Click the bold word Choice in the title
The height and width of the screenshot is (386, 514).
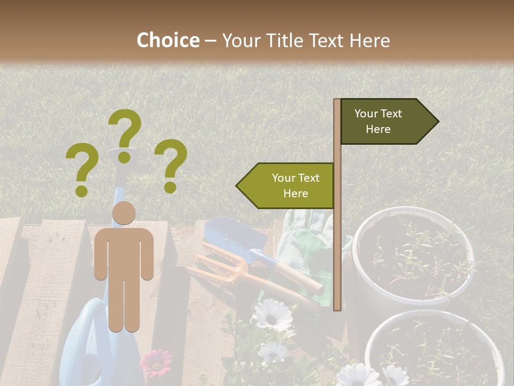[x=168, y=40]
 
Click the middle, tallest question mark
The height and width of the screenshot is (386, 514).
[x=125, y=134]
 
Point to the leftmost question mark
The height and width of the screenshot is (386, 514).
[x=82, y=171]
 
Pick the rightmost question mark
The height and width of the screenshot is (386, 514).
[x=171, y=165]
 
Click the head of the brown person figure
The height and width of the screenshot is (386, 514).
[x=124, y=213]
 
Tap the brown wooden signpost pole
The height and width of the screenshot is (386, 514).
[x=337, y=241]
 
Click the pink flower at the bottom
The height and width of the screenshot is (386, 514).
[x=155, y=363]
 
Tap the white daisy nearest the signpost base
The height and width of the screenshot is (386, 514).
[x=272, y=315]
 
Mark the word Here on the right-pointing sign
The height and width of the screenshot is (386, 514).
[x=378, y=129]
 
